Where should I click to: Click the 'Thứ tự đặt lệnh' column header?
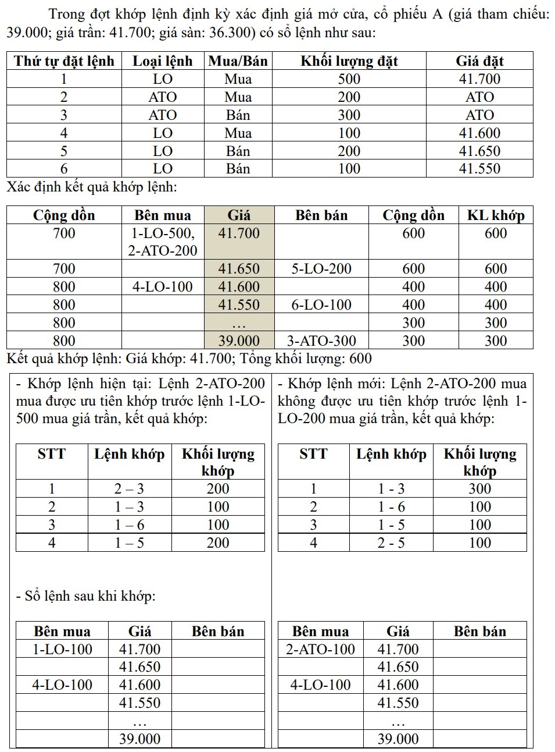click(x=64, y=61)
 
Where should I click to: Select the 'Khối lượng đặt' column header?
click(x=349, y=61)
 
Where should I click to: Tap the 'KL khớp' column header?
click(x=496, y=215)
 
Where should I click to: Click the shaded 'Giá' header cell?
click(x=239, y=215)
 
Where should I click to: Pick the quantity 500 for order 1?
click(x=349, y=79)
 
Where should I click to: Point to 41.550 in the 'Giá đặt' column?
click(x=479, y=169)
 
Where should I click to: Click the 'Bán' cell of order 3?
click(x=238, y=115)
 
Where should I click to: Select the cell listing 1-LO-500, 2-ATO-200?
click(x=162, y=242)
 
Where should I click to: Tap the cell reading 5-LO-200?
click(x=321, y=269)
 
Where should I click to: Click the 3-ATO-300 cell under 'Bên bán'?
click(x=321, y=340)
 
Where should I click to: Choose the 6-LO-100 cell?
click(x=321, y=304)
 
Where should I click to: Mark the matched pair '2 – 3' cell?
click(x=129, y=489)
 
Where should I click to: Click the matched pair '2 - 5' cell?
click(x=391, y=543)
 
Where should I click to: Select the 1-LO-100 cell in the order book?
click(x=62, y=649)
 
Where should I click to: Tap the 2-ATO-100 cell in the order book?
click(x=320, y=649)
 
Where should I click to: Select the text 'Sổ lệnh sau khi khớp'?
click(x=89, y=596)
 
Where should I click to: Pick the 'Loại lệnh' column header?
click(x=162, y=61)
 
